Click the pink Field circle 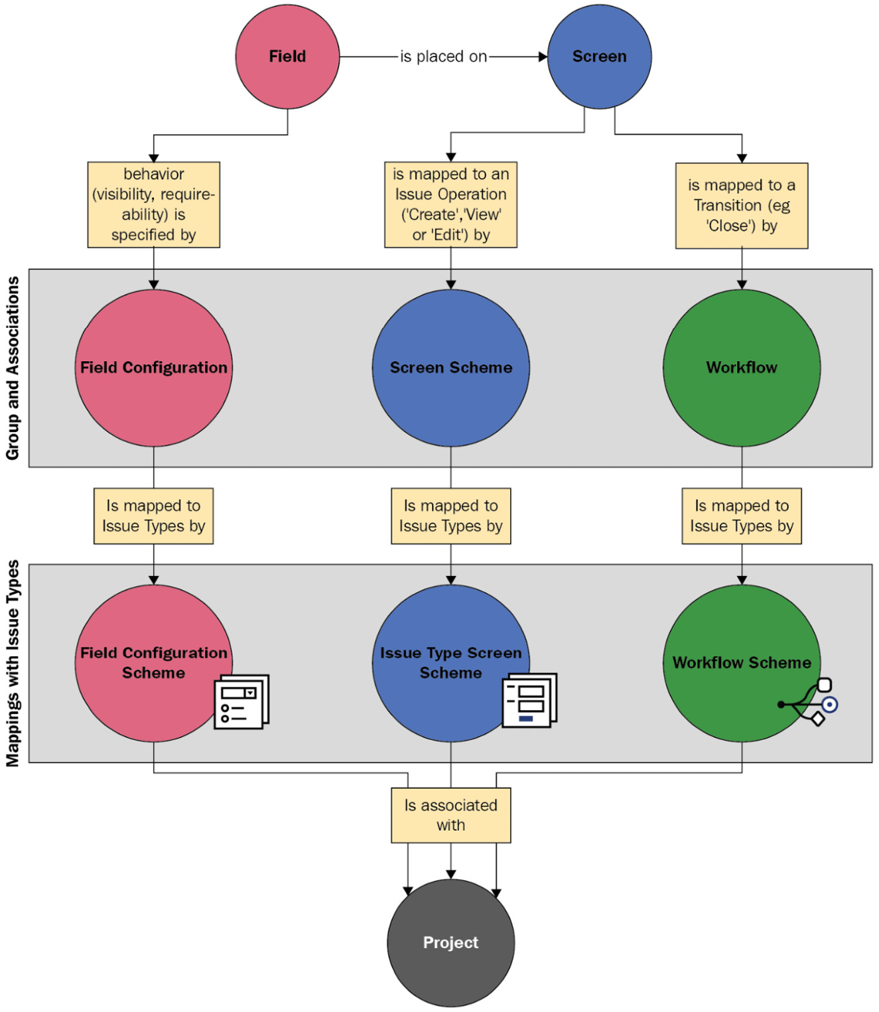pos(287,56)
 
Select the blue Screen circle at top pos(599,56)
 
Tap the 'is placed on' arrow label pos(443,57)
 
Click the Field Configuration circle pos(153,368)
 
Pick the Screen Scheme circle pos(450,368)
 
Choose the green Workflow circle pos(741,368)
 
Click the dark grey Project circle pos(450,942)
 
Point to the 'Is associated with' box pos(450,815)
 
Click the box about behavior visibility pos(153,204)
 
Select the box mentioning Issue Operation pos(450,204)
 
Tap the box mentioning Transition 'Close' pos(741,206)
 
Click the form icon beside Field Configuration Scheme pos(241,702)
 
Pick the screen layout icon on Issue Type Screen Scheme pos(529,700)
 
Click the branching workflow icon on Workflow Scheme pos(811,703)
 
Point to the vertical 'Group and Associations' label pos(13,368)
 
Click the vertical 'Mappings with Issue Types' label pos(13,664)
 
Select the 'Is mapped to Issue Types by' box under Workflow pos(741,516)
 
